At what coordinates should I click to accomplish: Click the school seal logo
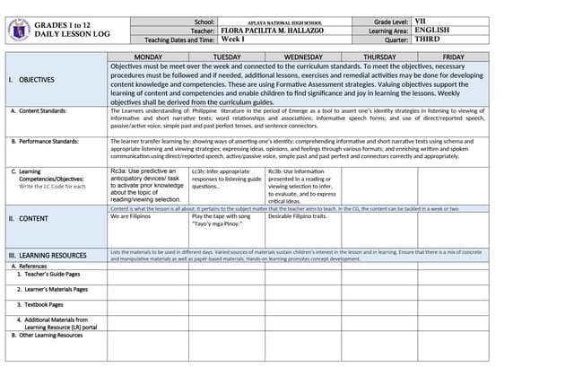(x=19, y=29)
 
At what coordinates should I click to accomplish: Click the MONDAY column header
(x=148, y=57)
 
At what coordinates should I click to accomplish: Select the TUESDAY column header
(x=226, y=57)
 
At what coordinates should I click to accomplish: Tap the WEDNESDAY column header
(x=303, y=57)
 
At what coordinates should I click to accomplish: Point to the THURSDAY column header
(x=379, y=57)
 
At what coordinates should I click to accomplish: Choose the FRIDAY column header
(x=454, y=57)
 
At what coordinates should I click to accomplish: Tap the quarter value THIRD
(x=428, y=39)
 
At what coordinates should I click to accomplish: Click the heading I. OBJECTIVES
(x=31, y=80)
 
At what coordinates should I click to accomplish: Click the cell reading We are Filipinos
(x=130, y=216)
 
